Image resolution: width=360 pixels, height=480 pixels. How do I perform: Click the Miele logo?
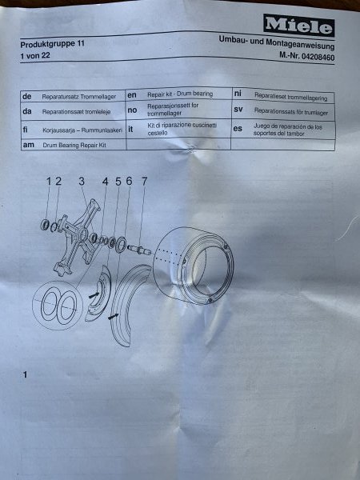(x=298, y=25)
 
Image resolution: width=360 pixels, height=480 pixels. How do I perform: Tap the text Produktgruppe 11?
(x=52, y=44)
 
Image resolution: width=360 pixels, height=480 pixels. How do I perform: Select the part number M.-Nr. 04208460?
(x=306, y=56)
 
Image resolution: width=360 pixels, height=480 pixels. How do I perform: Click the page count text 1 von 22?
(x=35, y=56)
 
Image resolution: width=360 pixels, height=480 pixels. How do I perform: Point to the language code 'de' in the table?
(x=27, y=97)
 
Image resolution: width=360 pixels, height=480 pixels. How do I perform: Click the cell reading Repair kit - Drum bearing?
(x=180, y=94)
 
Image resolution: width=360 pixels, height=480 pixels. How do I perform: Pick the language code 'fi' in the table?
(x=25, y=130)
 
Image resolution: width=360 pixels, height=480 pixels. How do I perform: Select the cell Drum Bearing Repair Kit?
(x=74, y=145)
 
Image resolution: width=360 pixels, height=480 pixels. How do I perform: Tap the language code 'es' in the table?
(x=238, y=128)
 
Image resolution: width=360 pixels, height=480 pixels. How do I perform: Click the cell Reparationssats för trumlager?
(x=291, y=112)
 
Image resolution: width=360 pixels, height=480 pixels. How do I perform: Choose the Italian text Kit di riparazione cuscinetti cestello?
(x=182, y=129)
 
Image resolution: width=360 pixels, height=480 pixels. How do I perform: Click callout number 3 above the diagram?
(x=81, y=182)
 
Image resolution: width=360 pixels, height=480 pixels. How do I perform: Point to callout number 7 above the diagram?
(x=144, y=182)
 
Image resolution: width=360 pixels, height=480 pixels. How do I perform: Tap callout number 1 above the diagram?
(x=49, y=182)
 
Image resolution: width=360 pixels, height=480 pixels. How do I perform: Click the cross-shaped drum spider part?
(x=78, y=236)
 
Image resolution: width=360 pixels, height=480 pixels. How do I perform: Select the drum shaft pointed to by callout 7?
(x=139, y=250)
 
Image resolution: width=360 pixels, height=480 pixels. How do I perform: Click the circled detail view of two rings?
(x=58, y=306)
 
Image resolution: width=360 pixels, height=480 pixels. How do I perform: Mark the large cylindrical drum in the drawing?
(x=193, y=266)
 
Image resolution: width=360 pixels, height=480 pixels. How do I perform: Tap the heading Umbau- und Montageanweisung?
(x=277, y=42)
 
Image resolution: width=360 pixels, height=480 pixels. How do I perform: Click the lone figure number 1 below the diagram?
(x=25, y=374)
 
